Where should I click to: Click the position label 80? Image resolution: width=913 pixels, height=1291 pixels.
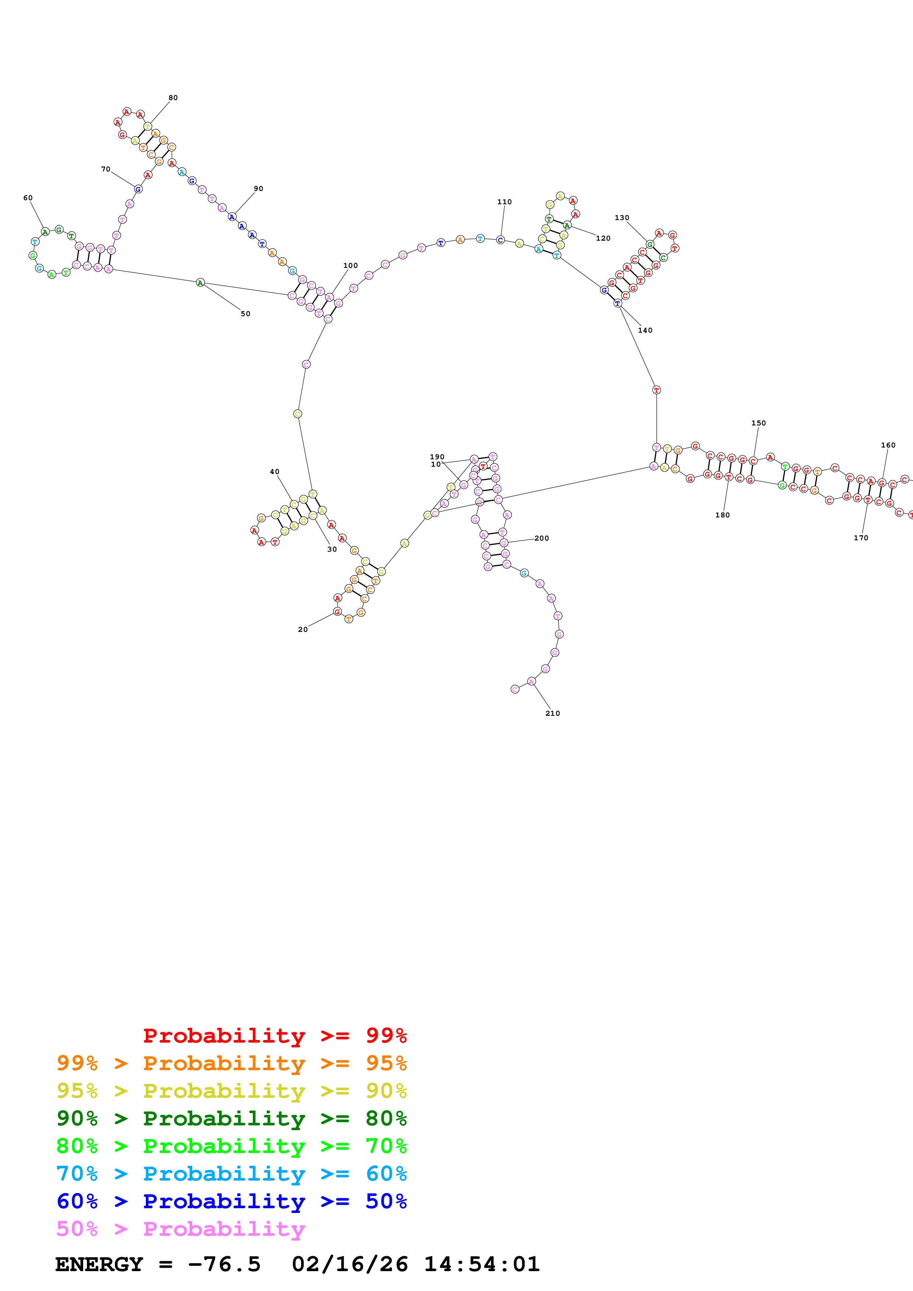point(173,98)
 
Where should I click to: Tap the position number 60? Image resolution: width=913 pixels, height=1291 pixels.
point(28,198)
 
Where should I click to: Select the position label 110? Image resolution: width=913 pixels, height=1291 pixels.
point(504,202)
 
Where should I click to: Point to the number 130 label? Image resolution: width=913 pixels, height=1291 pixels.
point(622,217)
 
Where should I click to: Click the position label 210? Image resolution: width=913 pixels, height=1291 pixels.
point(552,714)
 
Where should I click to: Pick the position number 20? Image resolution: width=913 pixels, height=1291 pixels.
point(303,630)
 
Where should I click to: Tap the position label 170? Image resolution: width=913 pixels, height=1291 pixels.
point(861,538)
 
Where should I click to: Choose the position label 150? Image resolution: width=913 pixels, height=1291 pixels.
point(758,423)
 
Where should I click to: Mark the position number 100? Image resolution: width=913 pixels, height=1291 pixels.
point(351,265)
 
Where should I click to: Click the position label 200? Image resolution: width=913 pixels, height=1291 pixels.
point(542,538)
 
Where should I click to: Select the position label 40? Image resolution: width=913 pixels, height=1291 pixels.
point(274,472)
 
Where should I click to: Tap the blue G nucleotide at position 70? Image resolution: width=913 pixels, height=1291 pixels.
point(138,190)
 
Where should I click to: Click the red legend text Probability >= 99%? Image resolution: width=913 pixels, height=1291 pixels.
point(274,1035)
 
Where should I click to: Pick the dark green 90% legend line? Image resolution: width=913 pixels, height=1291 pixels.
point(231,1118)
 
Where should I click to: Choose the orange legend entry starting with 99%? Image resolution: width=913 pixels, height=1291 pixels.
point(231,1063)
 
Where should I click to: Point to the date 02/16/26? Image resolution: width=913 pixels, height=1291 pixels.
point(350,1265)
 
